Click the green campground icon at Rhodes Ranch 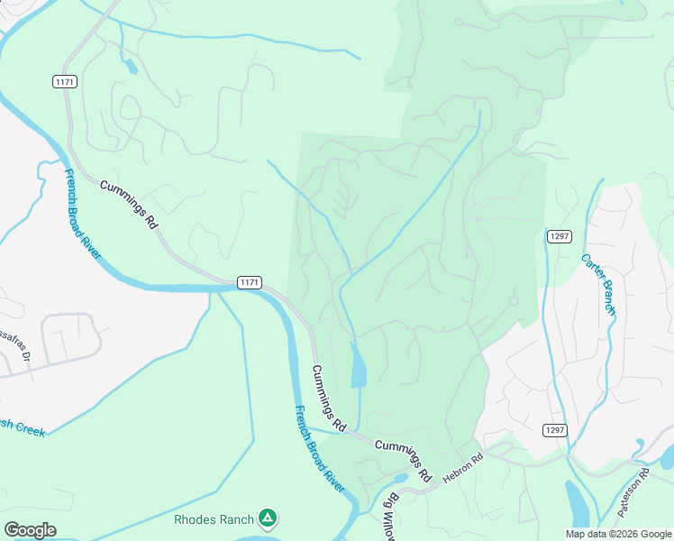[267, 518]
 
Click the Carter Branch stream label [597, 283]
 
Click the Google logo [30, 529]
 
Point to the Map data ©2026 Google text [618, 534]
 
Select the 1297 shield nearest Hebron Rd [555, 430]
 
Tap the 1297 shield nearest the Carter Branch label [559, 236]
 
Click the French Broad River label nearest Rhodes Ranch [321, 448]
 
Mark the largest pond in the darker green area [358, 367]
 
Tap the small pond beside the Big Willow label [400, 478]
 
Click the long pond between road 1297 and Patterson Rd [577, 500]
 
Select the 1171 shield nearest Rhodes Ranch [250, 282]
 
